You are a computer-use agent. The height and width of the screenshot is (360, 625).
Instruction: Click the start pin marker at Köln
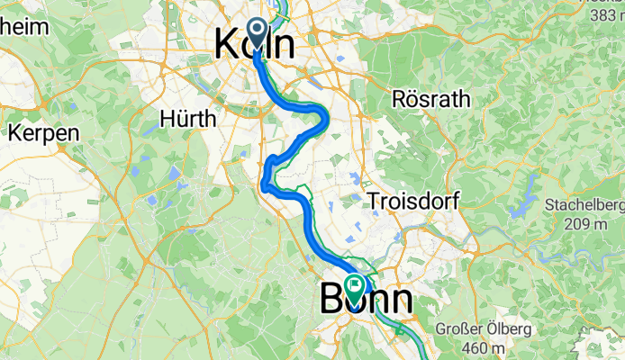click(257, 33)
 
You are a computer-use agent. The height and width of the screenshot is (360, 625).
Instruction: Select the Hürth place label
click(188, 119)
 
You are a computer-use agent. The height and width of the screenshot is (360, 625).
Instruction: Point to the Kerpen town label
click(44, 132)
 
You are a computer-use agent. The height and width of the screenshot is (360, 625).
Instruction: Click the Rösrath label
click(431, 99)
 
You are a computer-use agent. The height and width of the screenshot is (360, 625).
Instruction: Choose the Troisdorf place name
click(412, 202)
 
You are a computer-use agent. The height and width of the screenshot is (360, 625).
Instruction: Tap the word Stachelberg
click(584, 205)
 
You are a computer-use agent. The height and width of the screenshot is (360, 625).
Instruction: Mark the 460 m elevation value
click(487, 348)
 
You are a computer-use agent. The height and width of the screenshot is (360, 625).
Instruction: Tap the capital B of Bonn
click(332, 300)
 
